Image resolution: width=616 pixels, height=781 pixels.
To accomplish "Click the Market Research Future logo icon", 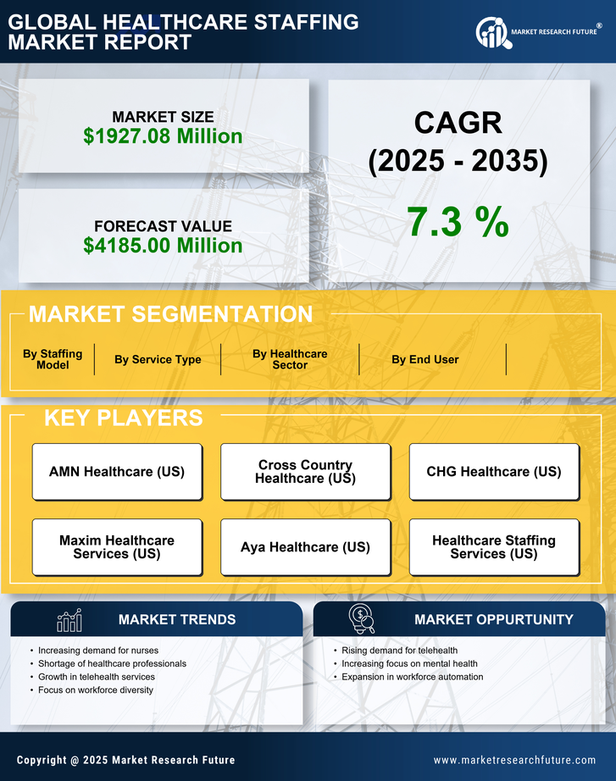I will coord(491,32).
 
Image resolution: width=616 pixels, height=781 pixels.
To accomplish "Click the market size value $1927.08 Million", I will coord(163,136).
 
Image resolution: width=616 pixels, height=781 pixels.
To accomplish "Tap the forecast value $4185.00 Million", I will coord(163,246).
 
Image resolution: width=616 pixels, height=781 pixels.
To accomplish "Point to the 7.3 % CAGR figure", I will coord(458,222).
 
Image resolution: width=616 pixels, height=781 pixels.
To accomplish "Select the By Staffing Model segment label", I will coord(53,359).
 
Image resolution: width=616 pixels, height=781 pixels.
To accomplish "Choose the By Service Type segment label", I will coord(158,359).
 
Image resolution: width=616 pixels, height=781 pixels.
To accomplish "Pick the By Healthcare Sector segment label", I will coord(290,359).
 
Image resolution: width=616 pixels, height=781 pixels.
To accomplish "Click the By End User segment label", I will coord(425,359).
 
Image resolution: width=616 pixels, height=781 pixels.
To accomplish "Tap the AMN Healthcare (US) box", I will coord(117,472).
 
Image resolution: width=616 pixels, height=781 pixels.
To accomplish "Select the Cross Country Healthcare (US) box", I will coord(305,472).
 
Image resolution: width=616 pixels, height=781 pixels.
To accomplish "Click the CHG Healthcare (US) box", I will coord(494,472).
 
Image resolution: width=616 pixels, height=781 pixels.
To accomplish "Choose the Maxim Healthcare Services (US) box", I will coord(117,547).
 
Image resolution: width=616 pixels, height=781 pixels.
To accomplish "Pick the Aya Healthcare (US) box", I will coord(305,547).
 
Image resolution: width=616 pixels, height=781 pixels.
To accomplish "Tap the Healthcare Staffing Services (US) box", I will coord(494,547).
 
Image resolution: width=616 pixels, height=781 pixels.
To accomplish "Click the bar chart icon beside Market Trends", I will coord(69,620).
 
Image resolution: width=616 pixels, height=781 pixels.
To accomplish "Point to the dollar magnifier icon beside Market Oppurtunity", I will coord(361,619).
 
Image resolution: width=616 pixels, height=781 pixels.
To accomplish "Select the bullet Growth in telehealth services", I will coord(97,677).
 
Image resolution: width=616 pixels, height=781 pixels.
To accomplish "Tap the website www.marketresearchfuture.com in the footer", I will coord(514,760).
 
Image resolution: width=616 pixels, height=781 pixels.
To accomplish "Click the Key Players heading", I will coord(123,418).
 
